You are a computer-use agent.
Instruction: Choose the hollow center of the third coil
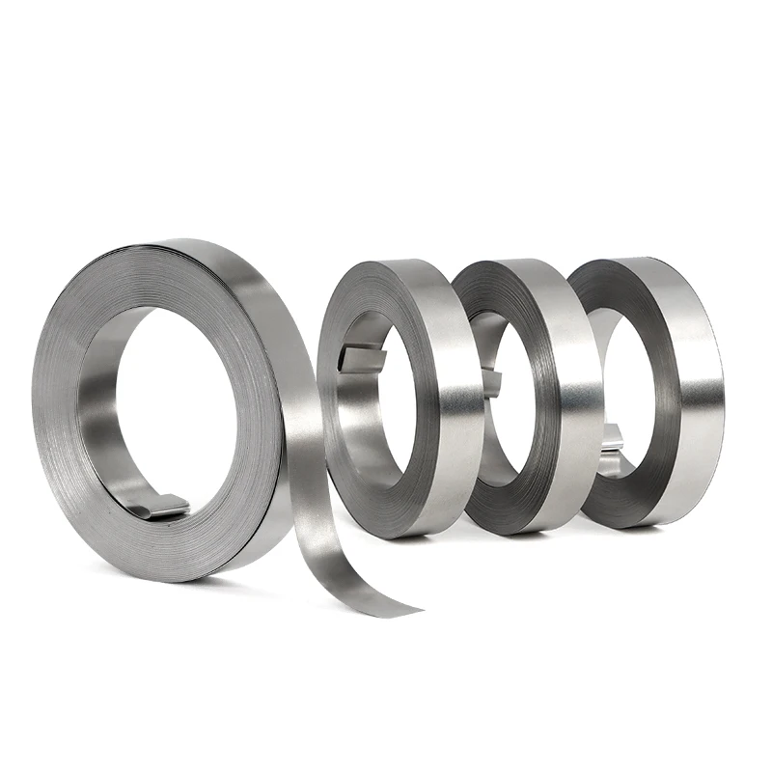[511, 405]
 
